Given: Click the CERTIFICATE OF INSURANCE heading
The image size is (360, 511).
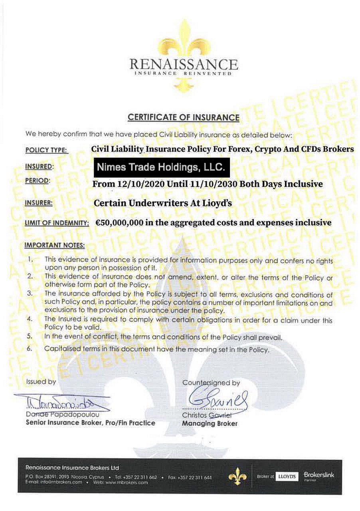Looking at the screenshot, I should tap(183, 117).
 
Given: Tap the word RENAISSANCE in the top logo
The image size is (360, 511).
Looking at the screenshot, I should tap(184, 64).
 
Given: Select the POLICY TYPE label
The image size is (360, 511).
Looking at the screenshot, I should tap(47, 151).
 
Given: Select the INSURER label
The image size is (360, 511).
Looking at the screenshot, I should tap(39, 203).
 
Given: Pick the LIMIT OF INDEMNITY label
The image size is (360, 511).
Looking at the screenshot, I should tap(56, 223).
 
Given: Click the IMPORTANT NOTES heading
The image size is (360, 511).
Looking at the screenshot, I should tap(54, 245).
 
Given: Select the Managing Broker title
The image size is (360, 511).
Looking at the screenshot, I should tap(210, 424).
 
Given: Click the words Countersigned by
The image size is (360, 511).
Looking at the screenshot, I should tap(211, 382).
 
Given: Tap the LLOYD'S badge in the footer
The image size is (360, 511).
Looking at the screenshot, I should tap(287, 476).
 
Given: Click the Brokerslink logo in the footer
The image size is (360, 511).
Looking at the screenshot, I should tap(319, 475).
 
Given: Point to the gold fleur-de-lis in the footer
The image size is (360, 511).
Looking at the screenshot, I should tap(237, 475).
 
